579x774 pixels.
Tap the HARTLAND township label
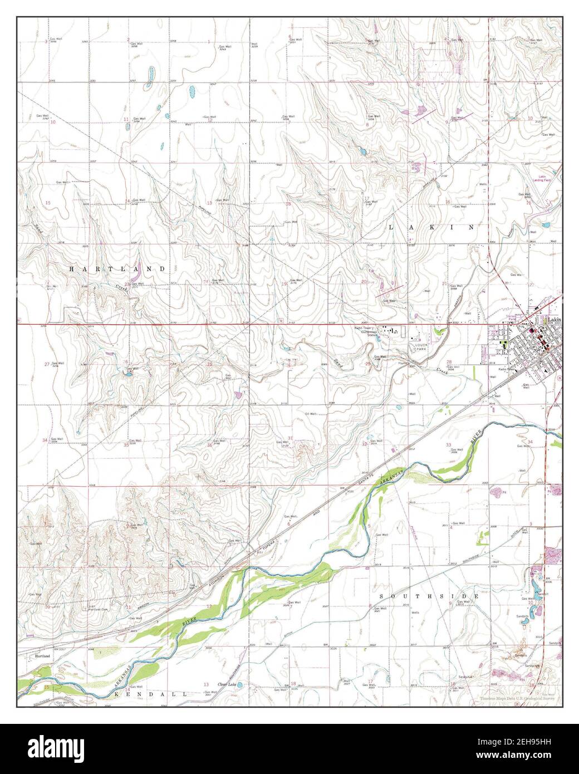click(117, 269)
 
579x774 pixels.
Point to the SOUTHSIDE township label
click(429, 597)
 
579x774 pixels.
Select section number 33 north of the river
click(448, 444)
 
